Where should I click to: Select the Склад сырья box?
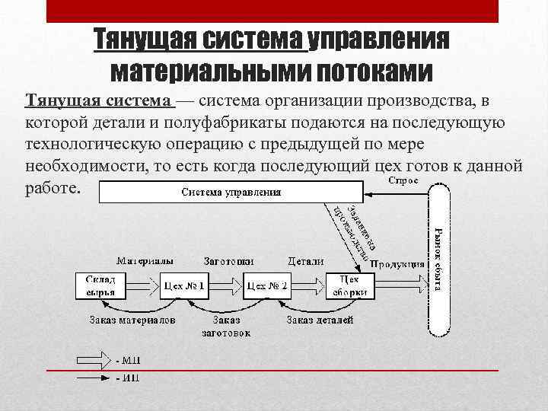click(x=100, y=286)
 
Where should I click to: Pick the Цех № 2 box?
click(x=266, y=286)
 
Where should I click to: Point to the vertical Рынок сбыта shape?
click(x=439, y=259)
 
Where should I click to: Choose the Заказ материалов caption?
click(x=132, y=320)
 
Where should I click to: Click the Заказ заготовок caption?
click(x=226, y=326)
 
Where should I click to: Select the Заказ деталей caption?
click(x=320, y=320)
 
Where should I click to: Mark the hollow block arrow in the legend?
click(x=93, y=359)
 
